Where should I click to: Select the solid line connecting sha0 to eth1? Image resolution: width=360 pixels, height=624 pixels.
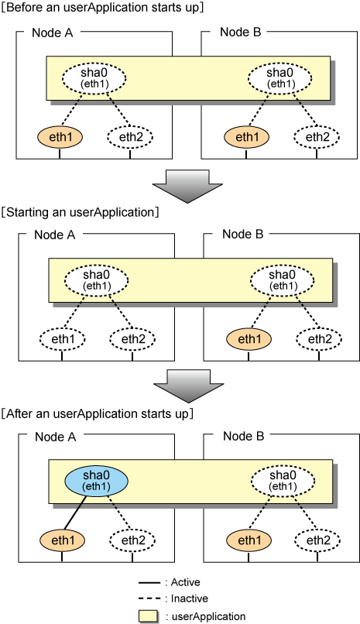[76, 512]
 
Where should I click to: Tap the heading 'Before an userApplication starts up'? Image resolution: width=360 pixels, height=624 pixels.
[102, 8]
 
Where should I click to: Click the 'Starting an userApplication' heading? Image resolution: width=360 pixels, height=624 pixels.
[80, 212]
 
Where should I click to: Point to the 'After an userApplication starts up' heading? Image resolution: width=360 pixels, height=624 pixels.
[97, 414]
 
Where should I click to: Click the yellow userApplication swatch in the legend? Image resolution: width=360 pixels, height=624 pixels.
[149, 616]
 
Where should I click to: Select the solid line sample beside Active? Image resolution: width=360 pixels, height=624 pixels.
[149, 583]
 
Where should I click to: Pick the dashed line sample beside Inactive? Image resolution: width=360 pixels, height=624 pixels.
[149, 599]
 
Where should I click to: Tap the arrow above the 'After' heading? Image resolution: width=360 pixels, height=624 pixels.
[189, 386]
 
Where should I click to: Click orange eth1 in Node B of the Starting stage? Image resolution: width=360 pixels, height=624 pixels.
[249, 339]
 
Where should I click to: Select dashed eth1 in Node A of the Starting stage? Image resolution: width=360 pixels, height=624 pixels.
[62, 339]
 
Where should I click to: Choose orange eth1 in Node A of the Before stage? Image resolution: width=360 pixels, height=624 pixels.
[60, 137]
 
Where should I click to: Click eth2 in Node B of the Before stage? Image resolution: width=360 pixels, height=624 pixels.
[317, 137]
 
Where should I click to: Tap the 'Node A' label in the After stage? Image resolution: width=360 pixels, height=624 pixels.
[55, 437]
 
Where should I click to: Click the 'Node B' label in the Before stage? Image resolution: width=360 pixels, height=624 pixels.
[240, 33]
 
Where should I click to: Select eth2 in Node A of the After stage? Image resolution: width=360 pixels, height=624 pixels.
[132, 540]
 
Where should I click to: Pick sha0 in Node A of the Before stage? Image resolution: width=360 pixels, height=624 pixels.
[94, 78]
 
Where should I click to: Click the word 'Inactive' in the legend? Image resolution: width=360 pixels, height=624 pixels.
[190, 598]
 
